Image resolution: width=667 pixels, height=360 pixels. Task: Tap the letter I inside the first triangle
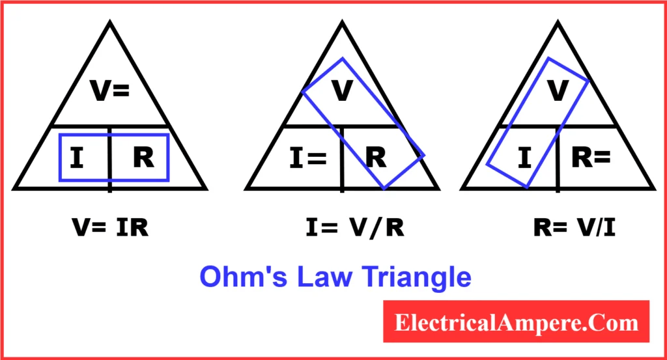76,158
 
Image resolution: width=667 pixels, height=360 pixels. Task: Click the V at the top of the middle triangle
342,91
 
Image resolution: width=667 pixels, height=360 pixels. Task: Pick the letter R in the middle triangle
375,158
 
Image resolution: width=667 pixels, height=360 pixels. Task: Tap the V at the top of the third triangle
558,91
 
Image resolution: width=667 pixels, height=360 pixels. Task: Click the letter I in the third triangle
523,158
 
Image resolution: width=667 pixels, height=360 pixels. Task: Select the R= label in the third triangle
591,158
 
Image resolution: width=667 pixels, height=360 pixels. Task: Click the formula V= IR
109,228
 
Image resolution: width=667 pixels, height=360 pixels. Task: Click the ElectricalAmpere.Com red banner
516,322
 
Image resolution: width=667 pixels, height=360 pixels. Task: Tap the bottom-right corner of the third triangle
653,189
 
